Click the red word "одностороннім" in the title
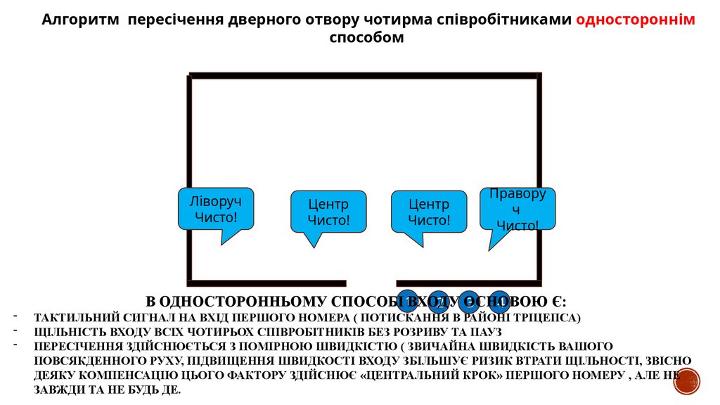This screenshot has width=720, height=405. (636, 20)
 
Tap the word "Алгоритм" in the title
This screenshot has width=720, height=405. (77, 20)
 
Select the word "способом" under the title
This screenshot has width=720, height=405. (366, 37)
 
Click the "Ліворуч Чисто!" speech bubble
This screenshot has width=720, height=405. (215, 209)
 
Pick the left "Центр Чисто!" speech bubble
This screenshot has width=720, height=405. (328, 212)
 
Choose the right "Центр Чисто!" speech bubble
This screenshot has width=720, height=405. (429, 212)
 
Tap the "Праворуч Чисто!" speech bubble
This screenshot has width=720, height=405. (518, 209)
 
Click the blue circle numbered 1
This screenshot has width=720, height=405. (408, 301)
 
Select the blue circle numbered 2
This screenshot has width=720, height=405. (438, 301)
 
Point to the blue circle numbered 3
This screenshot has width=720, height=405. (469, 301)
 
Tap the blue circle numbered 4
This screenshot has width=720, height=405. (499, 301)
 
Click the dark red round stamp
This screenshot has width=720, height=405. (686, 381)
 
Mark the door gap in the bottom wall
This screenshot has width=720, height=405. (371, 283)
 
